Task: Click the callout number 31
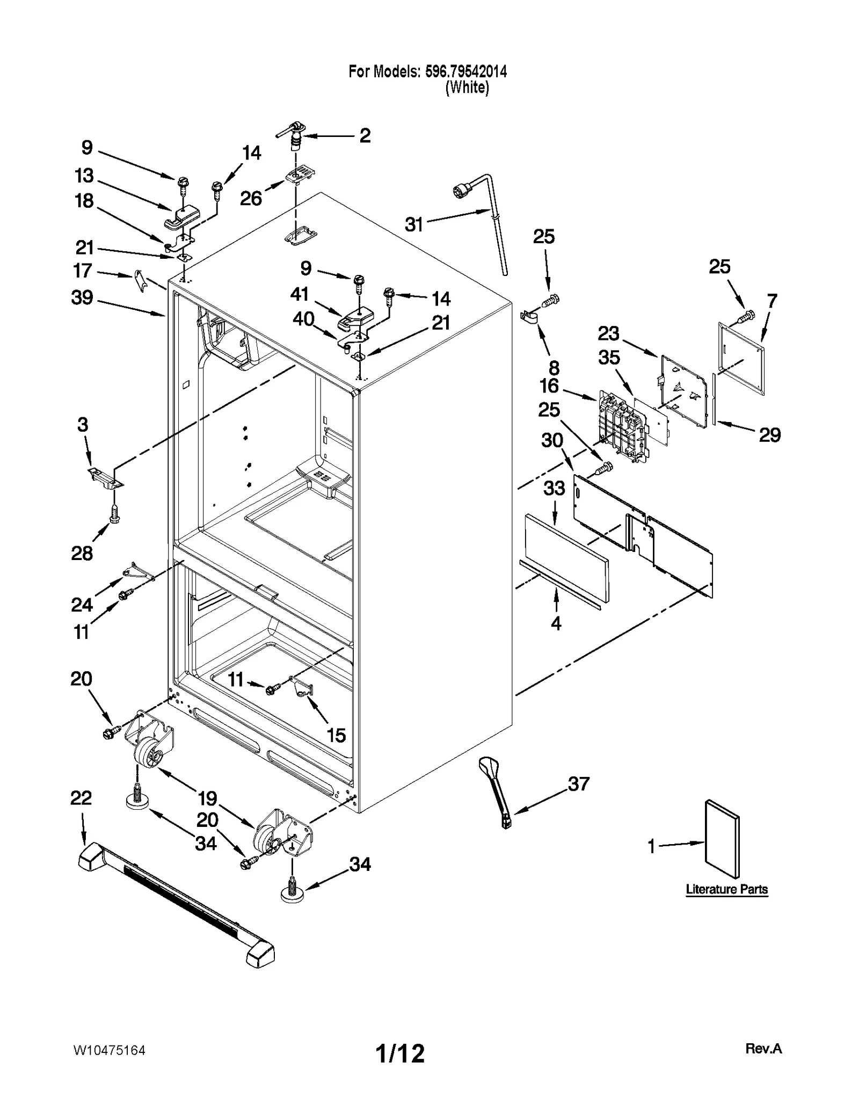pyautogui.click(x=414, y=224)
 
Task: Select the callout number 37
pyautogui.click(x=579, y=784)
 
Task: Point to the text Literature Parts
pyautogui.click(x=726, y=889)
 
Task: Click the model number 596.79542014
pyautogui.click(x=465, y=71)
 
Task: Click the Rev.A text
pyautogui.click(x=763, y=1049)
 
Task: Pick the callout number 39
pyautogui.click(x=82, y=297)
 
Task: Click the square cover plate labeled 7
pyautogui.click(x=741, y=358)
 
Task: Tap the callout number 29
pyautogui.click(x=769, y=435)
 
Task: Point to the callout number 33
pyautogui.click(x=554, y=488)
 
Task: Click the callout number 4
pyautogui.click(x=556, y=623)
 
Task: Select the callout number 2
pyautogui.click(x=365, y=135)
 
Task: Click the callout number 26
pyautogui.click(x=251, y=199)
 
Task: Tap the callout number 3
pyautogui.click(x=82, y=425)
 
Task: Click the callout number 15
pyautogui.click(x=336, y=735)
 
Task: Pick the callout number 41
pyautogui.click(x=300, y=294)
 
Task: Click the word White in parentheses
pyautogui.click(x=467, y=88)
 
